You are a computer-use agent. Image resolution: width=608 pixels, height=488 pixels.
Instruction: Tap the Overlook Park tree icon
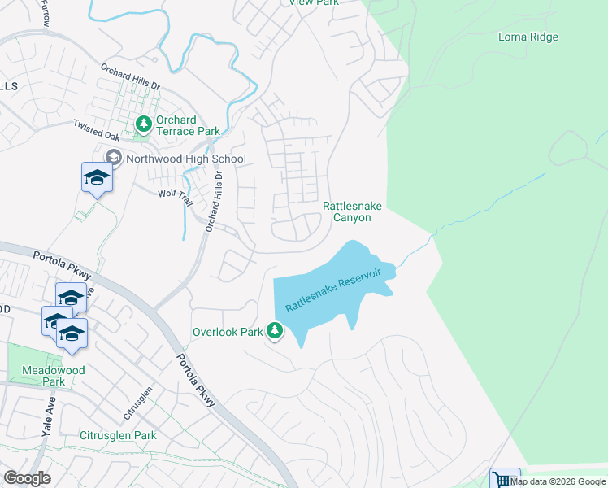click(x=276, y=330)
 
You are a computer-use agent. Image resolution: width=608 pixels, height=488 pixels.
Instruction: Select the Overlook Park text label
click(x=228, y=332)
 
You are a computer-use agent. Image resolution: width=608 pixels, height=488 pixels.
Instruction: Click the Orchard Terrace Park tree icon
click(x=144, y=124)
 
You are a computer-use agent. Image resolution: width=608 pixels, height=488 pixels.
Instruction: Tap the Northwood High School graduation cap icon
click(x=113, y=158)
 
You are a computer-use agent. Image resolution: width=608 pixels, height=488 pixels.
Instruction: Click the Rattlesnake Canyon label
click(x=352, y=212)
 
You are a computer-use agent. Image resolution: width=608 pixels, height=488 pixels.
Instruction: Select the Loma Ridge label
click(x=528, y=37)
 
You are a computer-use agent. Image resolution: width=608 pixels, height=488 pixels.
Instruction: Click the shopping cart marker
click(x=504, y=480)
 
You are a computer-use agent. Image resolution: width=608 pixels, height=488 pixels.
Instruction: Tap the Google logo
click(x=27, y=478)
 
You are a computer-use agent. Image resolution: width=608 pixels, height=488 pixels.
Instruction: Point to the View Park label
click(x=314, y=2)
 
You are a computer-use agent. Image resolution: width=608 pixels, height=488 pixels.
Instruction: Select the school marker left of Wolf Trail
click(x=97, y=177)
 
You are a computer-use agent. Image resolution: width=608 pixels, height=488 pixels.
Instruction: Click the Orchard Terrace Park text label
click(x=189, y=125)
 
